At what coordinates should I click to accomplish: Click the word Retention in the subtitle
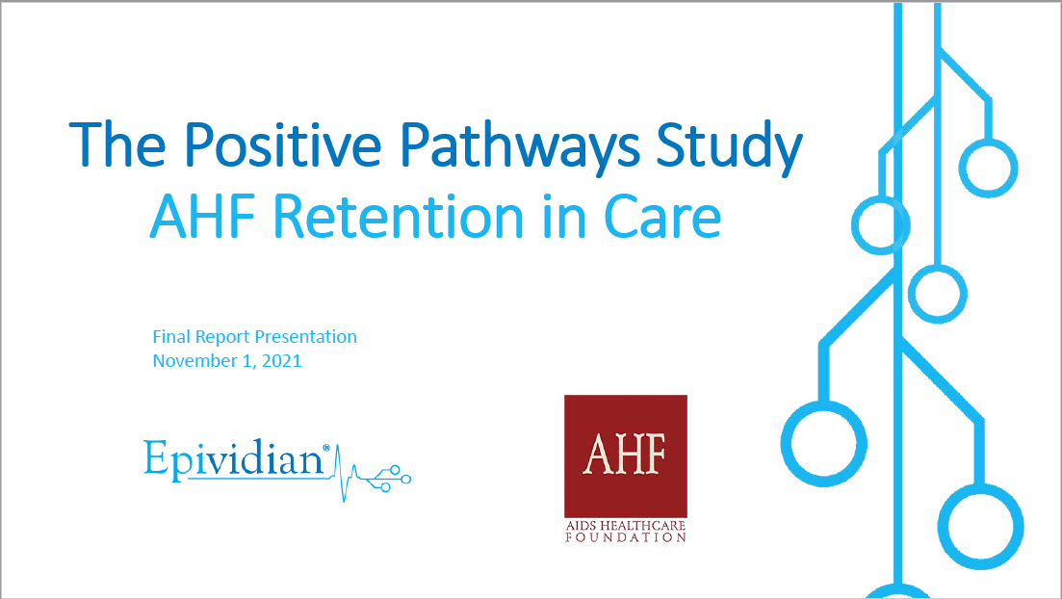[399, 216]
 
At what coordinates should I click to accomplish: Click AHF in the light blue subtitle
[203, 217]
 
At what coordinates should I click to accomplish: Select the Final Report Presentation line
[254, 337]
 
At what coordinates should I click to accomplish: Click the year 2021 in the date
[281, 360]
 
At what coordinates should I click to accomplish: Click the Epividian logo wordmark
[233, 459]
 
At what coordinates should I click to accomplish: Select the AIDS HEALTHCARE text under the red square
[626, 525]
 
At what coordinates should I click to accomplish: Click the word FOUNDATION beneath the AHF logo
[626, 537]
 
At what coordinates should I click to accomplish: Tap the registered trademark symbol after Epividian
[326, 447]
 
